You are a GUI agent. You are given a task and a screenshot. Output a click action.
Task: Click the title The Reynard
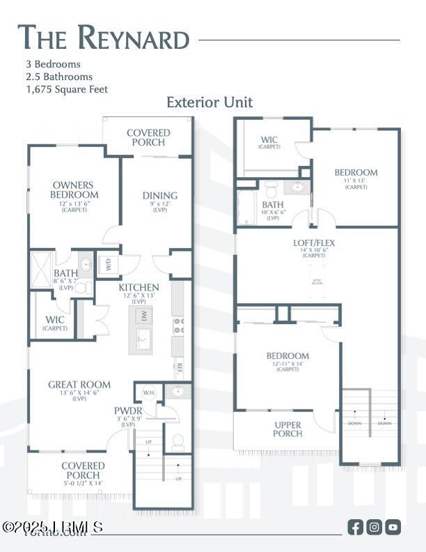click(103, 38)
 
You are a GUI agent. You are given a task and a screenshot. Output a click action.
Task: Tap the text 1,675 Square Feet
click(66, 89)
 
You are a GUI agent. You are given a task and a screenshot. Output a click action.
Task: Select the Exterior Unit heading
click(210, 102)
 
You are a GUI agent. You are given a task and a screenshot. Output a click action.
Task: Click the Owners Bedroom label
click(74, 190)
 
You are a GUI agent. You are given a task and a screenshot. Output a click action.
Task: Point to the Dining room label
click(160, 196)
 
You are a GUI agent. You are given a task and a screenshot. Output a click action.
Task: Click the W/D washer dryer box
click(109, 264)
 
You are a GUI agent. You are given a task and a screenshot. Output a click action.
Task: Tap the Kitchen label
click(139, 287)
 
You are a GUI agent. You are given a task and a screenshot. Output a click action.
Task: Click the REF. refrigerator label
click(179, 366)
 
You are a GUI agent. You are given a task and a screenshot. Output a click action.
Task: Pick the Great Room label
click(79, 384)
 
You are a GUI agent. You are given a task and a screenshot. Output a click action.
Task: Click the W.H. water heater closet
click(148, 392)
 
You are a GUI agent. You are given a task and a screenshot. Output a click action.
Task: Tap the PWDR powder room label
click(128, 411)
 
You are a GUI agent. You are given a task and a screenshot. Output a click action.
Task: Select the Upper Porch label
click(287, 429)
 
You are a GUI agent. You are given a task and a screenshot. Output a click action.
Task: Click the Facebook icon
click(355, 527)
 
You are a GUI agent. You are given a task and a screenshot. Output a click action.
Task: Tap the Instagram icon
click(374, 527)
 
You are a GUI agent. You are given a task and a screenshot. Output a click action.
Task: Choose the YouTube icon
click(393, 527)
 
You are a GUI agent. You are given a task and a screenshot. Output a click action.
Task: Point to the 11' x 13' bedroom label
click(356, 172)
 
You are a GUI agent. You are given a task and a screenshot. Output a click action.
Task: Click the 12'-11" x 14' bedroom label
click(287, 356)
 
